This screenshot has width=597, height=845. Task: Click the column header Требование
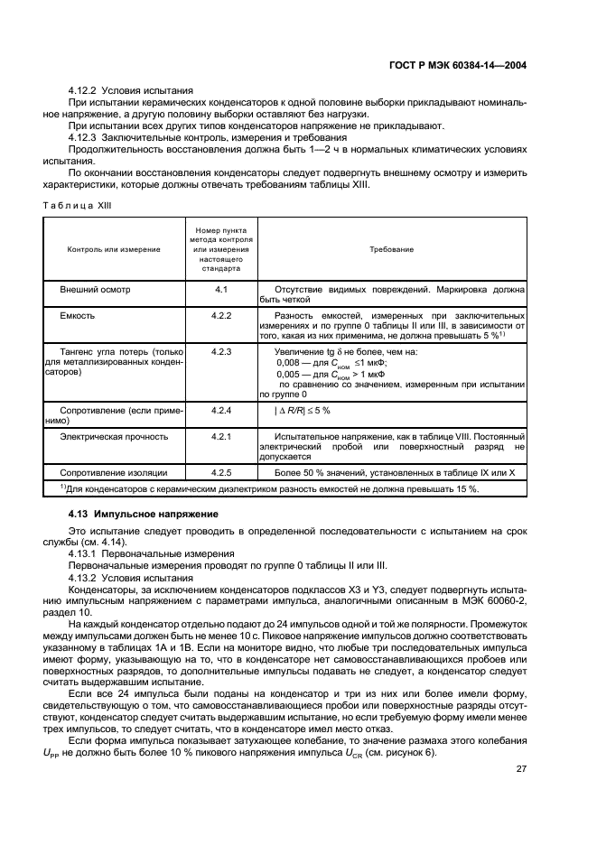tap(391, 248)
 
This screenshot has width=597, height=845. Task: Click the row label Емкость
tap(77, 316)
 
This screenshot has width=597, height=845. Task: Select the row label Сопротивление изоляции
tap(113, 472)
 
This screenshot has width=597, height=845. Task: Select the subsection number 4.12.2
tap(83, 91)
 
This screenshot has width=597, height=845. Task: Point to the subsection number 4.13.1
tap(83, 553)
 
